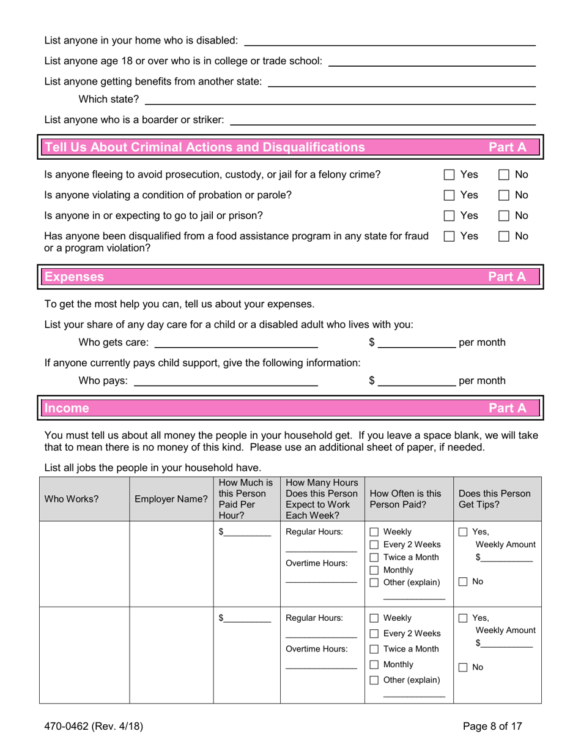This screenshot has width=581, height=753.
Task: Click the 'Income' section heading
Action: pyautogui.click(x=65, y=407)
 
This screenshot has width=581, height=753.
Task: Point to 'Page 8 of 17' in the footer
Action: pyautogui.click(x=492, y=727)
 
